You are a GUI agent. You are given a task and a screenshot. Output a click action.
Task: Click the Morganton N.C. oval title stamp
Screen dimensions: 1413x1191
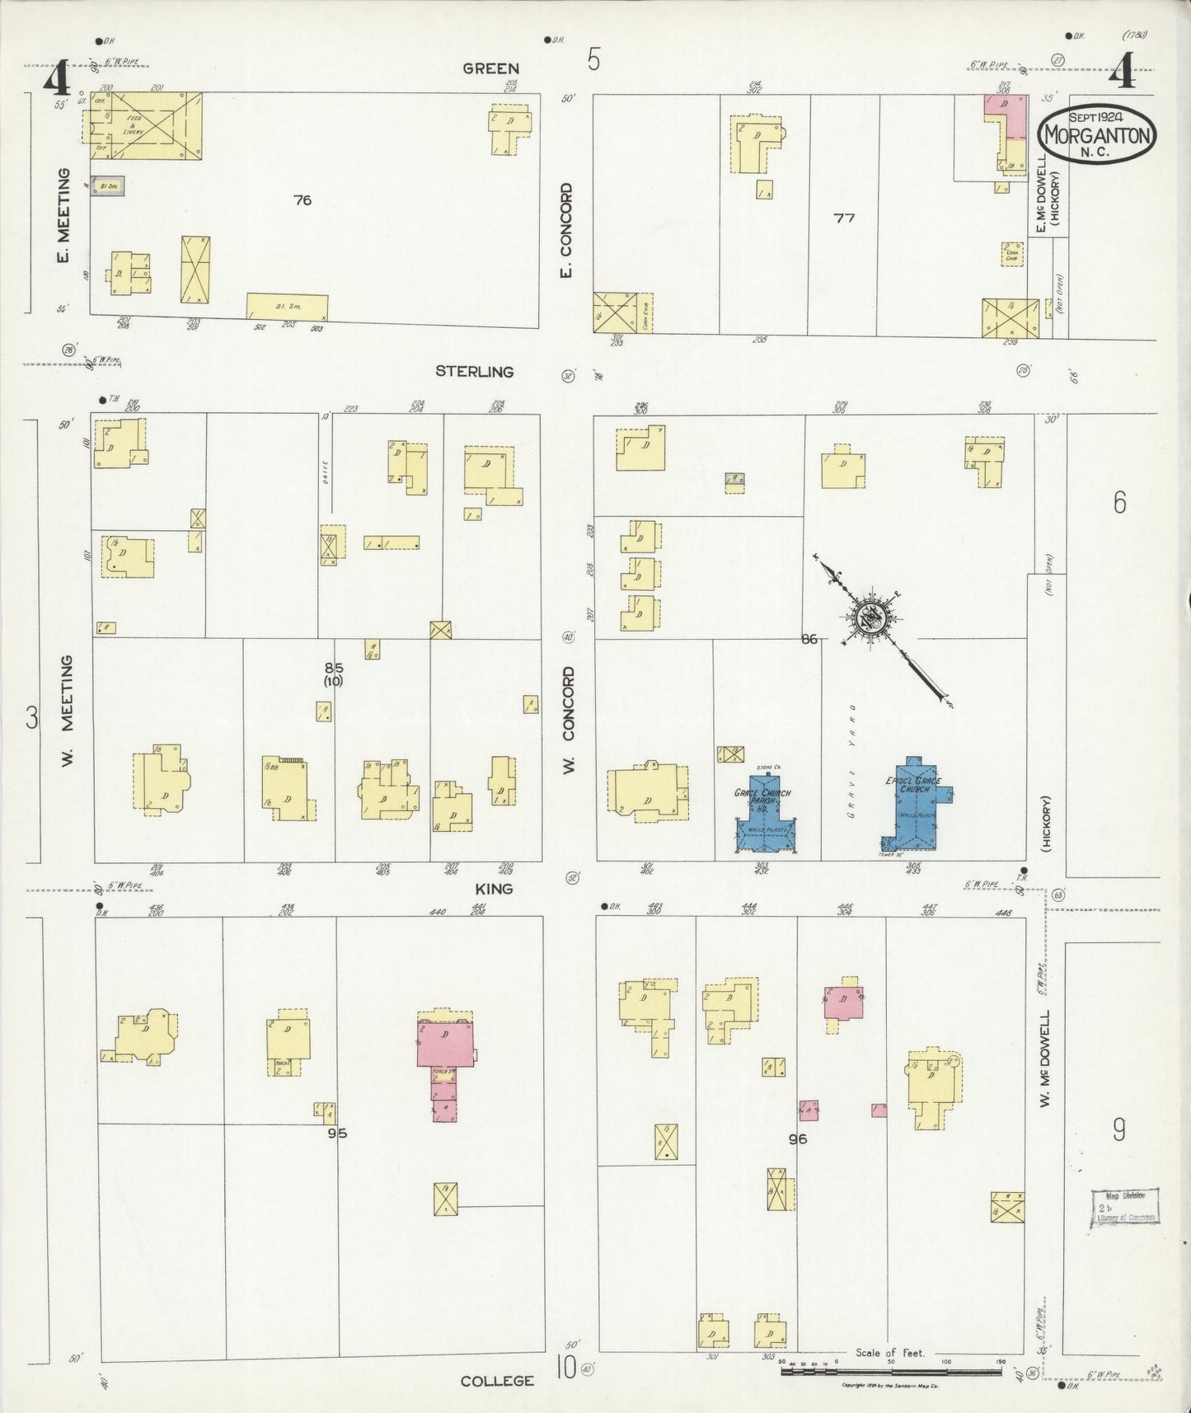tap(1097, 135)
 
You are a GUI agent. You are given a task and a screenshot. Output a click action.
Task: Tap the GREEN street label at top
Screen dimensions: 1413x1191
tap(490, 69)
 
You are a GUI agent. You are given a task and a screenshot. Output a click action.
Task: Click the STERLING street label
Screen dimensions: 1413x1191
tap(474, 372)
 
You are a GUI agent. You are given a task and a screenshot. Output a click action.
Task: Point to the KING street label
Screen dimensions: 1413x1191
tap(494, 889)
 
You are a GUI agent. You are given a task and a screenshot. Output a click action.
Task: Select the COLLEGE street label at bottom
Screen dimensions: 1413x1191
tap(497, 1380)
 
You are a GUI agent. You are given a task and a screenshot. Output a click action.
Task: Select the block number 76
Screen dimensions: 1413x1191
tap(302, 200)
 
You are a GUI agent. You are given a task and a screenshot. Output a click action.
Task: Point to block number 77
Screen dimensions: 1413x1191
tap(844, 218)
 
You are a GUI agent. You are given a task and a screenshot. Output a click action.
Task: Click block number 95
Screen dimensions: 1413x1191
tap(337, 1133)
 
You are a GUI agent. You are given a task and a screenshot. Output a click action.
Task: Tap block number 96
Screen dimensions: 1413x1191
tap(797, 1139)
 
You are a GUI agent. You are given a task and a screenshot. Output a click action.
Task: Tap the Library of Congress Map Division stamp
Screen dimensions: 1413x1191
tap(1125, 1209)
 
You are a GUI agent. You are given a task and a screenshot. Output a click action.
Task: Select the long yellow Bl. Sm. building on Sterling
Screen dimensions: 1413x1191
tap(287, 307)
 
